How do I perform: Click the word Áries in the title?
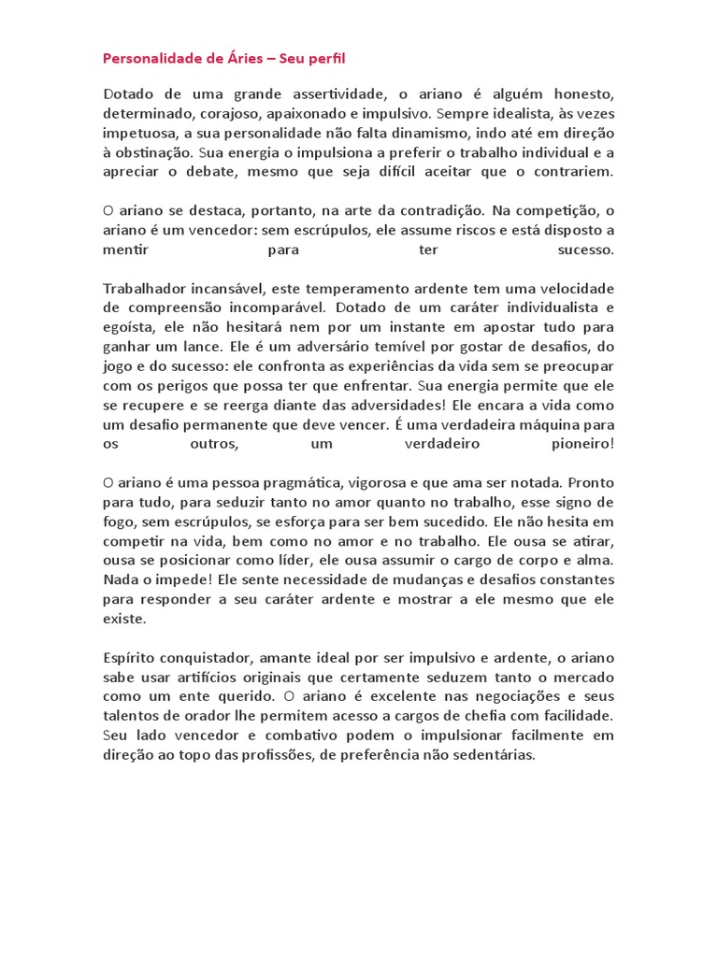240,59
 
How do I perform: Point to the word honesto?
580,94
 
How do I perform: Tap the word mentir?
125,250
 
